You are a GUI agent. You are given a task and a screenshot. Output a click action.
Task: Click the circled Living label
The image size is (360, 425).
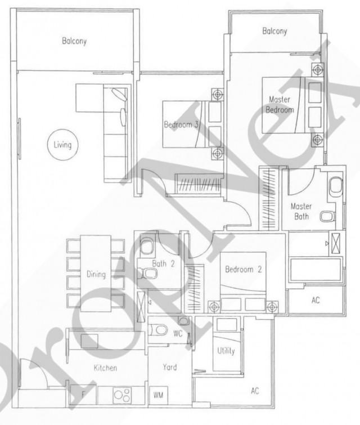tap(62, 145)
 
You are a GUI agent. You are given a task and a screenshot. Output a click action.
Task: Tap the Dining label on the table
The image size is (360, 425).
tap(96, 275)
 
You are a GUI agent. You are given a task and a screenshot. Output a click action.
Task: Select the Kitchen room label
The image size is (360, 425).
tap(105, 368)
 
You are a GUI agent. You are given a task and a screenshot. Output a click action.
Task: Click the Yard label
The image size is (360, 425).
tap(169, 367)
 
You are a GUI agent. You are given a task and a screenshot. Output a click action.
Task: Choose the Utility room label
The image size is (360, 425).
tap(226, 351)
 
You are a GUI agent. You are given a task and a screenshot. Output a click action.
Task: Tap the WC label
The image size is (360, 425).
tap(178, 333)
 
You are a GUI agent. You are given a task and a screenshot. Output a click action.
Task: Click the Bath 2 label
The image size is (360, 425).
tap(162, 263)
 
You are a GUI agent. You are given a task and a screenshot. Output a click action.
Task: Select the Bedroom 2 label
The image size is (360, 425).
tap(243, 270)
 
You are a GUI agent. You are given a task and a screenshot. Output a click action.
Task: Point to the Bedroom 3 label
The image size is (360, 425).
tap(181, 124)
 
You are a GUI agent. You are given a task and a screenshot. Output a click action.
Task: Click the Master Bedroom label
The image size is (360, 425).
tap(280, 105)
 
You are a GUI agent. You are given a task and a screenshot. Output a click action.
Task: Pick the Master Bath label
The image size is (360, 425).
tap(301, 211)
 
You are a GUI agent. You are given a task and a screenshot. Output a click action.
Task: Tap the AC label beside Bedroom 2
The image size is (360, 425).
tap(316, 301)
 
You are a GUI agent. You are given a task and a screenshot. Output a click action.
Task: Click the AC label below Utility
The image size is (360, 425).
tap(255, 391)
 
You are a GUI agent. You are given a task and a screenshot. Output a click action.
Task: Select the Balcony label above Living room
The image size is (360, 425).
tap(74, 41)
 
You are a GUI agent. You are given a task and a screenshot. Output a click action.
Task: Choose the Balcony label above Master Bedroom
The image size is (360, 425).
tap(274, 32)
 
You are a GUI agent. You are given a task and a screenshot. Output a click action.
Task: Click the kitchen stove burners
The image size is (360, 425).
tap(123, 395)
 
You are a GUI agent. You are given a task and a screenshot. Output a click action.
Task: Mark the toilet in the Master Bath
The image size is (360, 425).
tap(336, 186)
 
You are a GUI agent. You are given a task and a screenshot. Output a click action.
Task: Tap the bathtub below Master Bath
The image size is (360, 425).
tap(315, 269)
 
